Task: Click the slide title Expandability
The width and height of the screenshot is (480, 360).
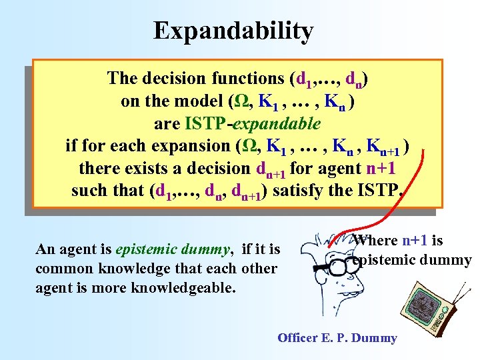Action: [x=233, y=31]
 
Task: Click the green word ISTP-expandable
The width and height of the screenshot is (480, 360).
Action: [x=253, y=123]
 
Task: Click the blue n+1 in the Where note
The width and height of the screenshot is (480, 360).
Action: [x=416, y=241]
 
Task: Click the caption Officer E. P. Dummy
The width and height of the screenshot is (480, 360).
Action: [x=337, y=338]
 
